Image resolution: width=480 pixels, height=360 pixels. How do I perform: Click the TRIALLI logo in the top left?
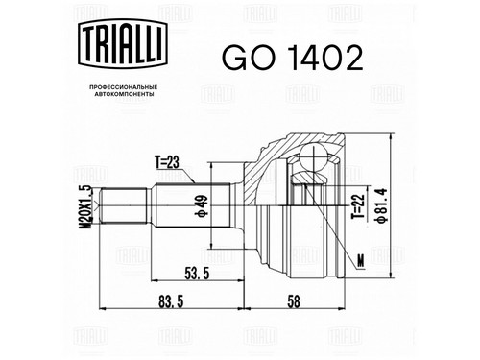(x=123, y=44)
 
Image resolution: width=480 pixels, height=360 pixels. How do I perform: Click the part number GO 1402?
(x=293, y=58)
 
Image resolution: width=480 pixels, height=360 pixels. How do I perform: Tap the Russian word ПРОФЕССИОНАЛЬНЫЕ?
(x=123, y=87)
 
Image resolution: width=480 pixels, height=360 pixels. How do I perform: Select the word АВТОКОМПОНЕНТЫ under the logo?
(x=123, y=94)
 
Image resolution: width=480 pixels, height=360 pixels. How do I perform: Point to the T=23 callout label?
(x=168, y=163)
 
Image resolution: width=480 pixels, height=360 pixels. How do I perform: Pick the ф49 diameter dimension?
(x=204, y=205)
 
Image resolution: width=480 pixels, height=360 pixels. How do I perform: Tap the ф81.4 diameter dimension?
(x=382, y=205)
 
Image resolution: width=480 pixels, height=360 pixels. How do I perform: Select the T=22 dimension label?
(x=358, y=206)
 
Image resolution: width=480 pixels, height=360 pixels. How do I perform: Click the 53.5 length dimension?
(x=197, y=274)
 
